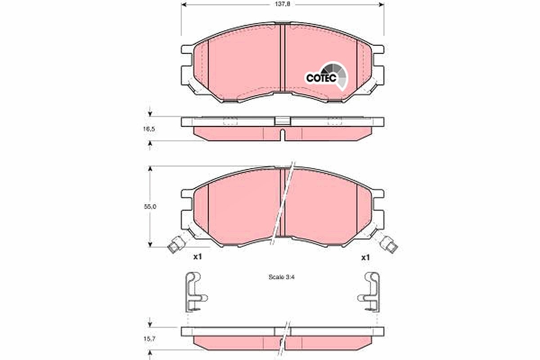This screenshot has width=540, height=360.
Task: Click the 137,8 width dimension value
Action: pyautogui.click(x=282, y=4)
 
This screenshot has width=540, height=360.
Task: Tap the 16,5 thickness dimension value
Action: pyautogui.click(x=149, y=129)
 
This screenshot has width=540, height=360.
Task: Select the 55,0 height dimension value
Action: pyautogui.click(x=150, y=207)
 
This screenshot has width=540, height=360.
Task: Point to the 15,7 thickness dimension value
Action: pyautogui.click(x=149, y=339)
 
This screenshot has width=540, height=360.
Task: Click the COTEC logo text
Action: pyautogui.click(x=321, y=78)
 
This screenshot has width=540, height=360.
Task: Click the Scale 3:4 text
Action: pyautogui.click(x=282, y=277)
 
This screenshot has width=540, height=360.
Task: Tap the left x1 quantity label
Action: pyautogui.click(x=198, y=257)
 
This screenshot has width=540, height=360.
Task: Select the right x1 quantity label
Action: pyautogui.click(x=365, y=257)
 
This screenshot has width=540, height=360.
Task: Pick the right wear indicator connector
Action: pyautogui.click(x=389, y=245)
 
